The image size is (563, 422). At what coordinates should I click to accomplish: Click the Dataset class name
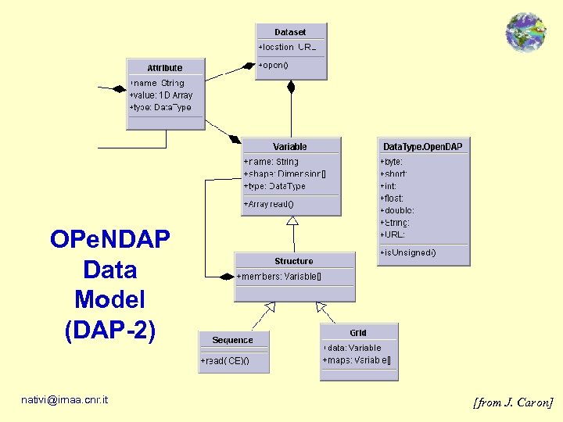pos(290,32)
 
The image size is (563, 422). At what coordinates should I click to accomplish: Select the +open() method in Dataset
pos(274,65)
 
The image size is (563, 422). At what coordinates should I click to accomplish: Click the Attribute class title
pos(165,68)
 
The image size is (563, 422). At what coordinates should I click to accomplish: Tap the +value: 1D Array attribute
pos(161,95)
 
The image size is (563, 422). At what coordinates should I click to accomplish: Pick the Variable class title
pos(290,147)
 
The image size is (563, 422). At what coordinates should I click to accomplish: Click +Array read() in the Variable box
pos(269,204)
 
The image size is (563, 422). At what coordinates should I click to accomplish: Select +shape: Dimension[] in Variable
pos(285,174)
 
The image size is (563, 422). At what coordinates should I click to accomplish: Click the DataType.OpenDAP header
pos(422,147)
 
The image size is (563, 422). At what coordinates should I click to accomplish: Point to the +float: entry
pos(389,198)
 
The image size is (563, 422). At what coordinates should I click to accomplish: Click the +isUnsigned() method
pos(408,252)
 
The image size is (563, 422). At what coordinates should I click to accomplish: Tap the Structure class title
pos(294,261)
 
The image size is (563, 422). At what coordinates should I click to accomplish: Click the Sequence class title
pos(233,340)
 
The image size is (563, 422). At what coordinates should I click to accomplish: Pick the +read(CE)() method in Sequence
pos(224,361)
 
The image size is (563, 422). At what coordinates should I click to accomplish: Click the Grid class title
pos(358,333)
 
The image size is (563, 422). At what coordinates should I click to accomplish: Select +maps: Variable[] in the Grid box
pos(357,360)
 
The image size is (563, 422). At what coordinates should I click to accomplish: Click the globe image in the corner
pos(525,32)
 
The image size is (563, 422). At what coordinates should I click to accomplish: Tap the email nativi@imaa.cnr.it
pos(65,400)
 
